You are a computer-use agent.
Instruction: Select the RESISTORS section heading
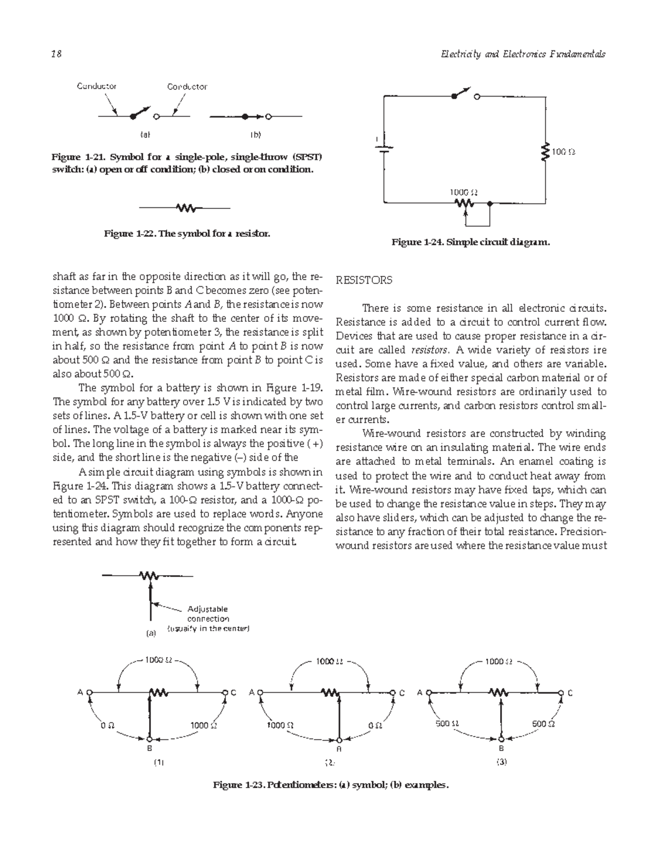click(x=364, y=280)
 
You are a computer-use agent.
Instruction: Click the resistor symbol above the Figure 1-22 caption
click(x=185, y=208)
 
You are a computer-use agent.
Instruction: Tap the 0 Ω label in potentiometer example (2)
click(x=376, y=725)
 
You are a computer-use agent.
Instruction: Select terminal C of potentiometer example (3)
click(x=560, y=693)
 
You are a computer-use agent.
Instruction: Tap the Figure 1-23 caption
click(x=331, y=785)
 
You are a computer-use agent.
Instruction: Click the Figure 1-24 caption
click(x=470, y=242)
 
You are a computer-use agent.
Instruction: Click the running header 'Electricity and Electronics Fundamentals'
click(x=519, y=54)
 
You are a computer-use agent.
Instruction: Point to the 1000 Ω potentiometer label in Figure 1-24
click(x=464, y=192)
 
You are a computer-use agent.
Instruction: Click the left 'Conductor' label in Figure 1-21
click(x=97, y=86)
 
